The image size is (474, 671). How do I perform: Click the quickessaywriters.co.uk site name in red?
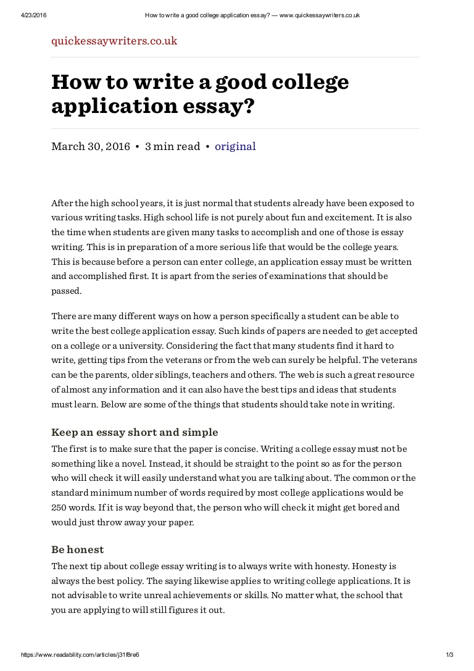(x=114, y=41)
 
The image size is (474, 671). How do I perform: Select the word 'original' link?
(x=235, y=146)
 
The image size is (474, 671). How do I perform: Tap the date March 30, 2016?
(x=91, y=146)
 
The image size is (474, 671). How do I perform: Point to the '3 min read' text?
(x=172, y=146)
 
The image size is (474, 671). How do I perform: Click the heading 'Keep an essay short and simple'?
(x=135, y=432)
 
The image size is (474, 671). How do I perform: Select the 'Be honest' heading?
(x=78, y=549)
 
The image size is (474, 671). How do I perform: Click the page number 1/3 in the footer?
(x=449, y=654)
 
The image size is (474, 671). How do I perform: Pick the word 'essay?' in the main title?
(x=223, y=106)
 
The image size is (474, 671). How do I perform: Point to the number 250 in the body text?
(x=59, y=507)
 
